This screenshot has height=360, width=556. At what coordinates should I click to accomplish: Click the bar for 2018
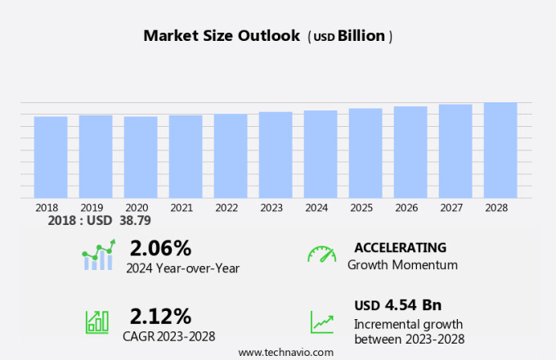coord(51,157)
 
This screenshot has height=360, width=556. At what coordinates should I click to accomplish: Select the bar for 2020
coord(141,157)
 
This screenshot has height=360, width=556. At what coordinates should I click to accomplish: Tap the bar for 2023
coord(276,155)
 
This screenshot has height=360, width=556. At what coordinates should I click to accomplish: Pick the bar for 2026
coord(410,152)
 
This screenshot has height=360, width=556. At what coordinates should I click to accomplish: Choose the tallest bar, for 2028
coord(500,150)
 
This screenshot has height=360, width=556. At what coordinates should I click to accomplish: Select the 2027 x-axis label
coord(455,208)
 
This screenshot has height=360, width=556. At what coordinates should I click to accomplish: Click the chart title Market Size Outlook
coord(221,36)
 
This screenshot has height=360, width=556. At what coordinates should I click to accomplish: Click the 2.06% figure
coord(160,248)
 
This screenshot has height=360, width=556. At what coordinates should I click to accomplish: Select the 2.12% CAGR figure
coord(160,316)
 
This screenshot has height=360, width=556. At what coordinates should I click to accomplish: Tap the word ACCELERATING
coord(400,248)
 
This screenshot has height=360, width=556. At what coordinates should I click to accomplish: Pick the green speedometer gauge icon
coord(321,254)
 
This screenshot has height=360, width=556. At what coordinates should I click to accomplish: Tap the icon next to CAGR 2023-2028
coord(97,321)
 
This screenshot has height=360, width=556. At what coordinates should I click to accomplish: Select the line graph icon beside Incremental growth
coord(321,321)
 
